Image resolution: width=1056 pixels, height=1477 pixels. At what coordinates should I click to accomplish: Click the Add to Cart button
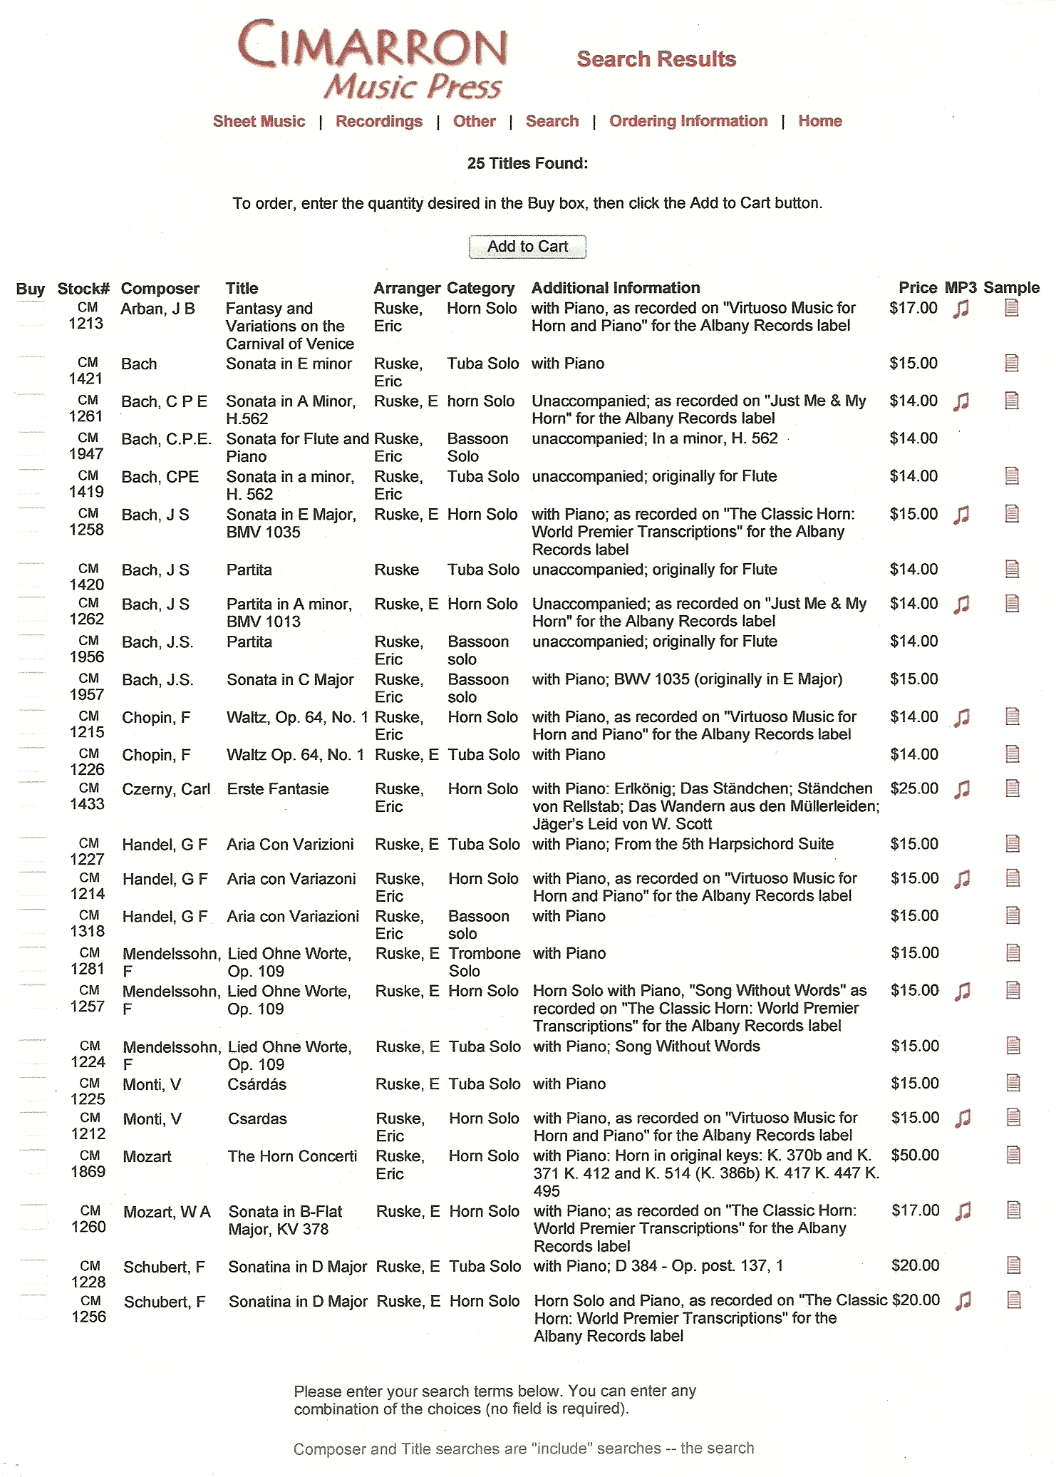point(527,247)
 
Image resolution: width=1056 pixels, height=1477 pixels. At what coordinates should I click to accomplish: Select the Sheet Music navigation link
point(259,121)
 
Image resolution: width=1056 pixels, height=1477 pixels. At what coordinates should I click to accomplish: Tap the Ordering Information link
point(688,121)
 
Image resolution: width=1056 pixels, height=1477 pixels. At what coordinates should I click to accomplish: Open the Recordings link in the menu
point(379,121)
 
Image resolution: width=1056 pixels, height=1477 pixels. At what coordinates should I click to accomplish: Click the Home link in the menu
point(819,121)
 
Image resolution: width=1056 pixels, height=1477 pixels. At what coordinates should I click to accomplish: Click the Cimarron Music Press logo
point(373,61)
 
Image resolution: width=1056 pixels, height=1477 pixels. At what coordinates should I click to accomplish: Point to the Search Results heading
point(656,59)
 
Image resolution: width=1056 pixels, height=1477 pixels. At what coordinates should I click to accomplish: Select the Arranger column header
point(407,288)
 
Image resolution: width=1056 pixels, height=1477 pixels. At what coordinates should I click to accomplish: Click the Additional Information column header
point(616,288)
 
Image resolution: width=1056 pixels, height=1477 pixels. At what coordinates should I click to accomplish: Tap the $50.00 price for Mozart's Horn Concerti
point(915,1155)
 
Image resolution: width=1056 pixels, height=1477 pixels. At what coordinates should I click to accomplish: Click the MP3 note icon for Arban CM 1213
point(962,309)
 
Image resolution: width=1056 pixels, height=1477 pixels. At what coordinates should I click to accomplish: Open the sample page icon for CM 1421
point(1012,364)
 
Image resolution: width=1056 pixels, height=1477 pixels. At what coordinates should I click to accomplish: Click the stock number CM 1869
point(88,1163)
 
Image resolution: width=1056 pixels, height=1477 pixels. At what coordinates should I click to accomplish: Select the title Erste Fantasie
point(278,789)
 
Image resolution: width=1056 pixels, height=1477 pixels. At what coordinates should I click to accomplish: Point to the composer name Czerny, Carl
point(166,789)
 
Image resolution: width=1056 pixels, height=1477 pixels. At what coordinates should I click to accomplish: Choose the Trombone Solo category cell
point(485,962)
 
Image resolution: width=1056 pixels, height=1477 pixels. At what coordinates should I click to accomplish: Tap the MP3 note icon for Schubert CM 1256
point(963,1301)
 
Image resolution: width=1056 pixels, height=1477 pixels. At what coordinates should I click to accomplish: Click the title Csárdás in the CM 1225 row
point(257,1084)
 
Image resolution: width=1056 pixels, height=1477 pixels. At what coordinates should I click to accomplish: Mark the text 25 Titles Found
point(527,163)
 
